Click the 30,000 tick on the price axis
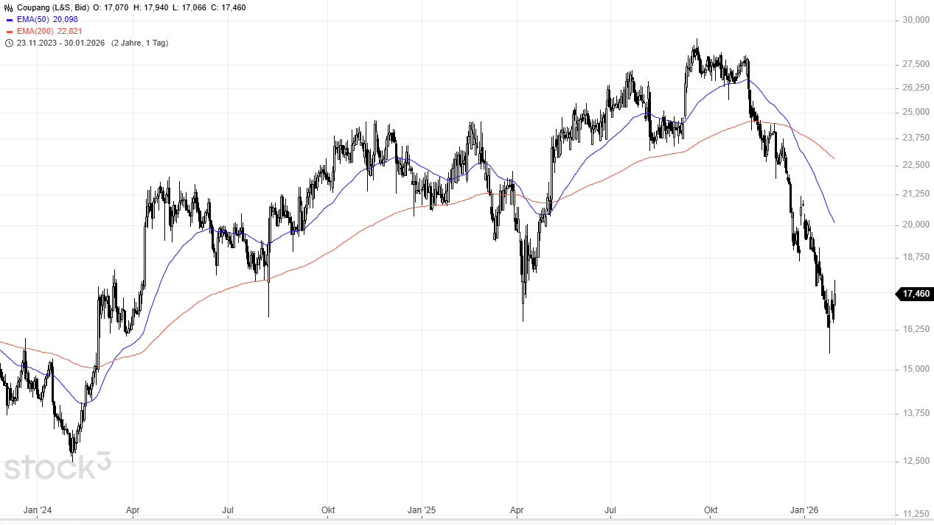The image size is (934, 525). [915, 20]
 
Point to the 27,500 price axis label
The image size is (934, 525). [915, 65]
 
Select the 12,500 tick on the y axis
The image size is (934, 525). [915, 461]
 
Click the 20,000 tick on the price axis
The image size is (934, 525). [915, 225]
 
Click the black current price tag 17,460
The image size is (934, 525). [916, 294]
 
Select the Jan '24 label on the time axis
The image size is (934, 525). [38, 510]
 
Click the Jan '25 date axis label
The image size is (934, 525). [422, 510]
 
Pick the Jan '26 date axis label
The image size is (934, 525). [805, 510]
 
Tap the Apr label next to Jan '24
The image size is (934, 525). [133, 510]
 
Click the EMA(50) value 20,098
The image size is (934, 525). [66, 19]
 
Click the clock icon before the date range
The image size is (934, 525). [9, 43]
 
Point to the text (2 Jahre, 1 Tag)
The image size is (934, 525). [139, 43]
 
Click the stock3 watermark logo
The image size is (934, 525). [57, 466]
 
